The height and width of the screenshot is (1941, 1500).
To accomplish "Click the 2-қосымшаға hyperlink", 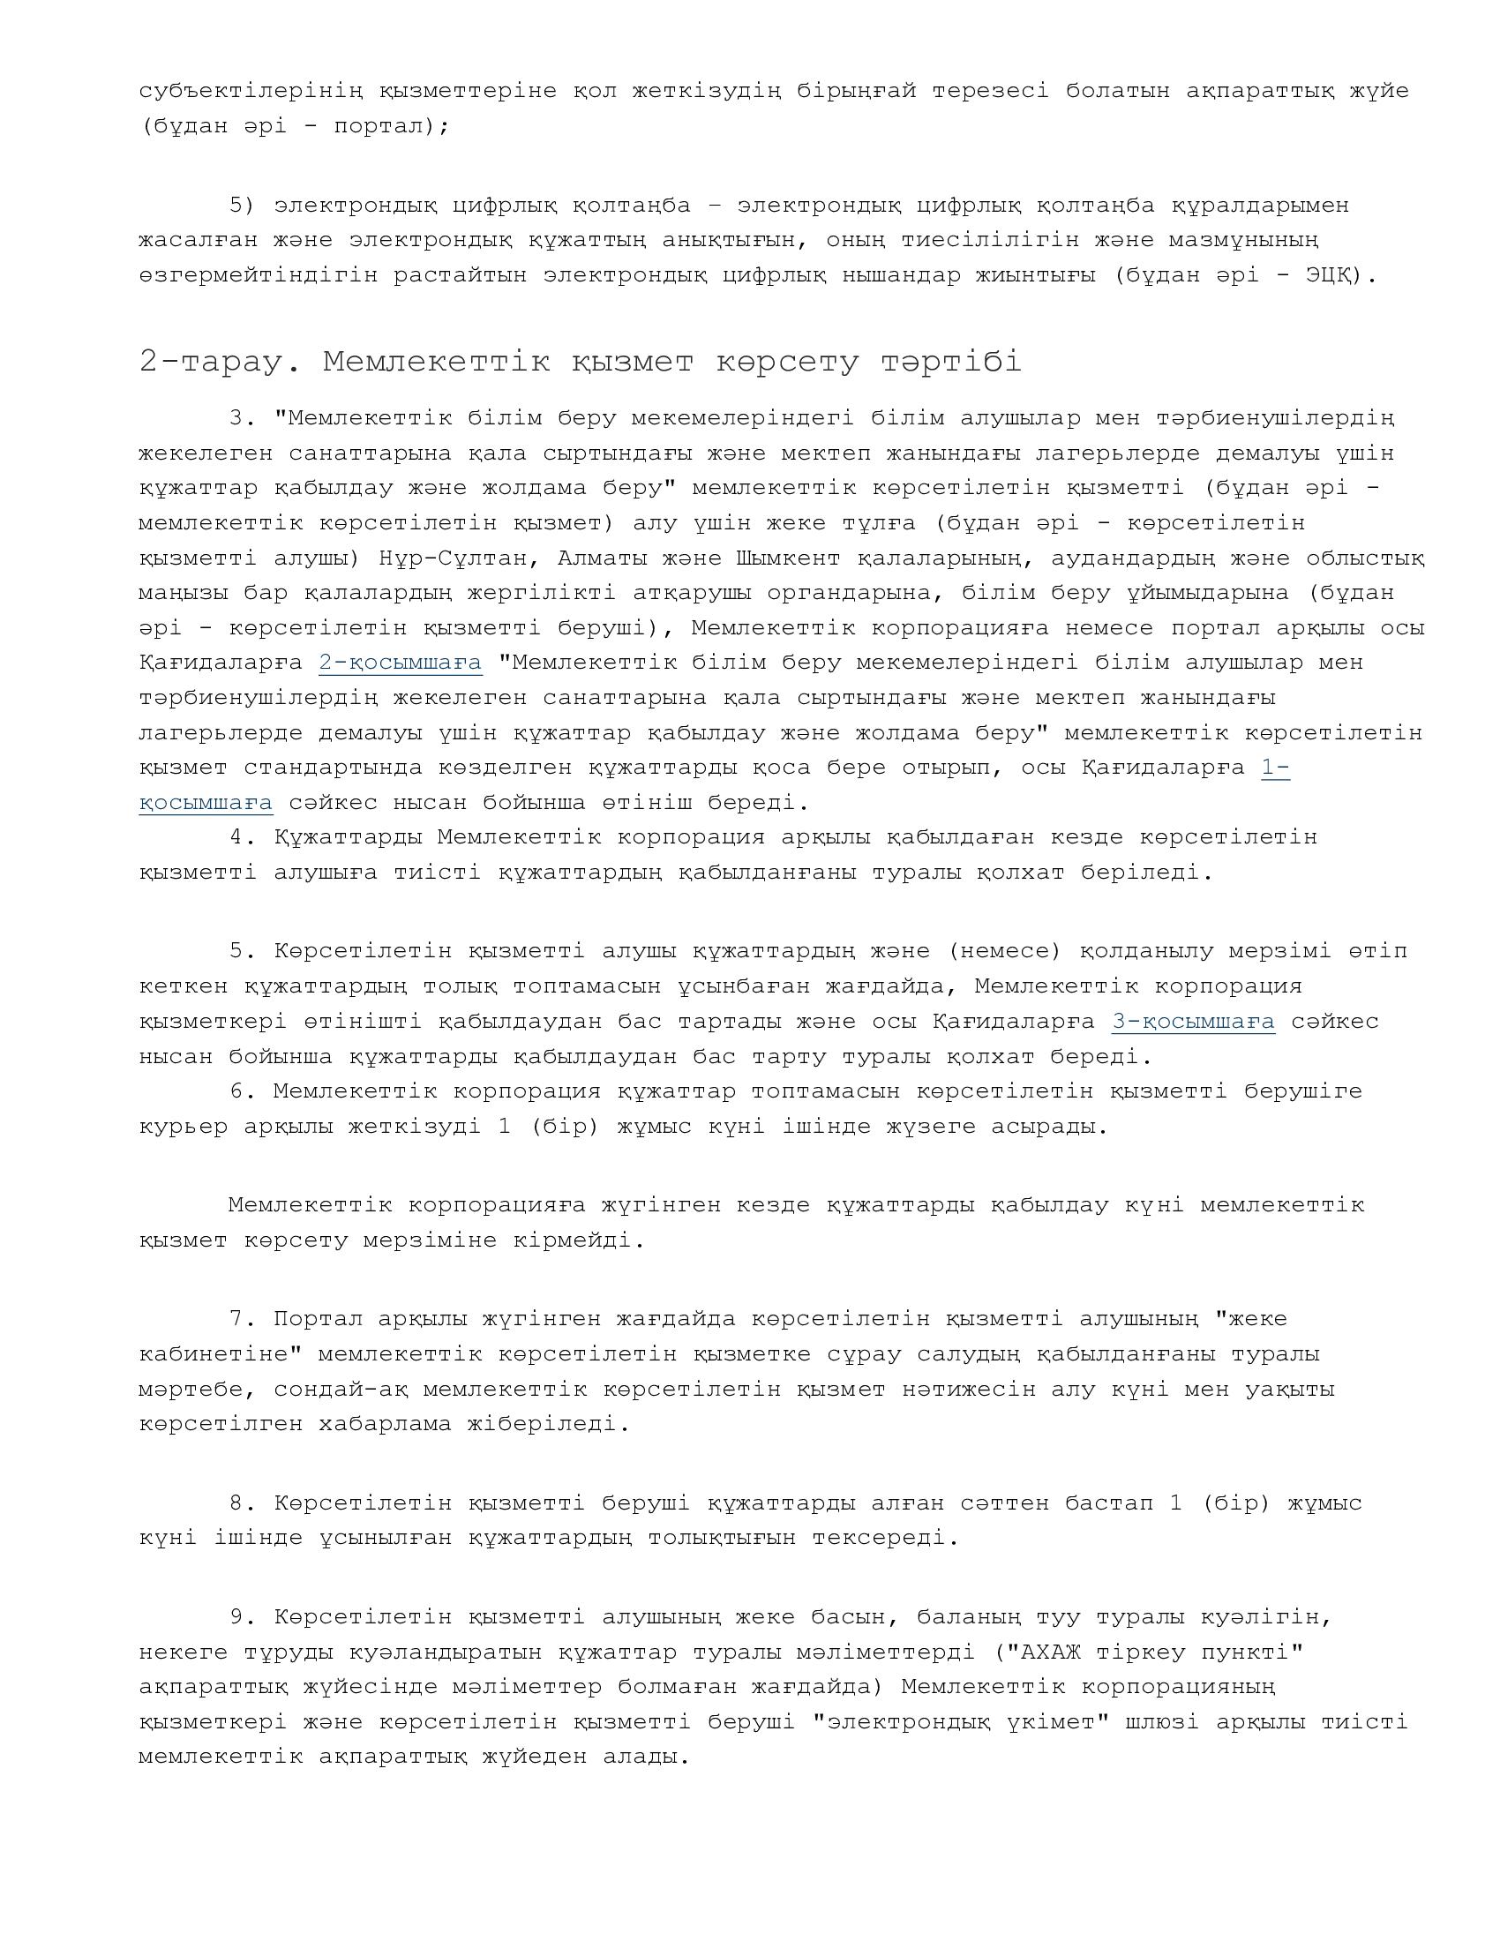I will tap(400, 663).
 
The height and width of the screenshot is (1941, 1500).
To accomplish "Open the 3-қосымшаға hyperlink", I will tap(1193, 1021).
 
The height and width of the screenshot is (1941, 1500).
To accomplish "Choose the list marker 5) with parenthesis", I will tap(241, 206).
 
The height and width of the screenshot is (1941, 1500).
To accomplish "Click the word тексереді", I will tap(884, 1539).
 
